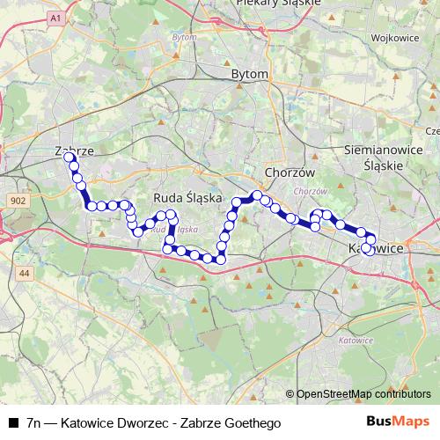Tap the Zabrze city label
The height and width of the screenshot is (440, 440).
[74, 150]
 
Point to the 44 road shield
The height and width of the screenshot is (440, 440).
[24, 275]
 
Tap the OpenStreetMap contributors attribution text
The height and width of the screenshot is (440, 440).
[363, 394]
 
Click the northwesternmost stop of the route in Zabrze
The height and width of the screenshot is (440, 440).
[69, 157]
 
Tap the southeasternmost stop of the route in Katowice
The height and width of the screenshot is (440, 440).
[367, 249]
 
